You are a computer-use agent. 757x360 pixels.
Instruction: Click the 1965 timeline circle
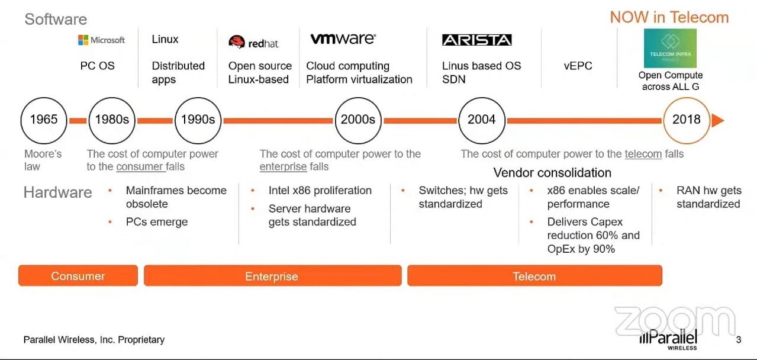click(x=44, y=120)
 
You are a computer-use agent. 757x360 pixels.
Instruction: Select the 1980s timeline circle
click(x=112, y=120)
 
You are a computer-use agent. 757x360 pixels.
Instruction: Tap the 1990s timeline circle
click(x=198, y=120)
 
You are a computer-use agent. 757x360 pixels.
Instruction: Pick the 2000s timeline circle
click(x=358, y=120)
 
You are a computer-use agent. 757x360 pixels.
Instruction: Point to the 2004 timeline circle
click(x=482, y=120)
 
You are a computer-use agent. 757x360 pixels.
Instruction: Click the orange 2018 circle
click(x=687, y=120)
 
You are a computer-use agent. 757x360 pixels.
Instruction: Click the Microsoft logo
click(x=101, y=40)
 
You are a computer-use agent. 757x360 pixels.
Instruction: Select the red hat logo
click(x=253, y=43)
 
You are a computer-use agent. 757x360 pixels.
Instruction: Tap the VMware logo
click(x=343, y=39)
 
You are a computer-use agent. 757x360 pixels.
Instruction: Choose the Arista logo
click(x=476, y=40)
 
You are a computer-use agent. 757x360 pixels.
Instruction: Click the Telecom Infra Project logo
click(x=671, y=48)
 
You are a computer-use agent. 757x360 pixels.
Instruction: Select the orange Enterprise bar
click(x=272, y=276)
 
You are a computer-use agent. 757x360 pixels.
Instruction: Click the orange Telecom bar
click(x=534, y=276)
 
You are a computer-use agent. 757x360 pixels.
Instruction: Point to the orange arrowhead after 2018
click(x=717, y=120)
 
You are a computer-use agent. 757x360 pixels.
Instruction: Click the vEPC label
click(x=578, y=66)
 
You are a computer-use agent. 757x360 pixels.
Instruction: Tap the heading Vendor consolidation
click(x=552, y=173)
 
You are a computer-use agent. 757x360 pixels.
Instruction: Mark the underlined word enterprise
click(x=284, y=167)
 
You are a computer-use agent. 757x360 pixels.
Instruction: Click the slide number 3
click(x=738, y=340)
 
